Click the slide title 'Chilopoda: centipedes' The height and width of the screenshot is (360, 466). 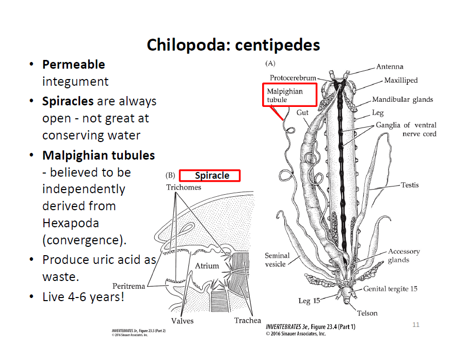point(233,45)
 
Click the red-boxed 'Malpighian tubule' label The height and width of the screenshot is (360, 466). point(290,95)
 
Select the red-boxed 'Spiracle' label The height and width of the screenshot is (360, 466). point(210,176)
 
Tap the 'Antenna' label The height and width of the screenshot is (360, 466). point(390,66)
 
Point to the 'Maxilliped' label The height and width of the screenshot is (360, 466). point(400,81)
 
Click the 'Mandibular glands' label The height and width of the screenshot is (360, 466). point(403,99)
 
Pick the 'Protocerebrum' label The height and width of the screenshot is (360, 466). point(293,78)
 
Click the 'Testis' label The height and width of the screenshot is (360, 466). point(410,185)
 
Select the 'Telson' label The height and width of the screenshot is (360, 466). point(367,313)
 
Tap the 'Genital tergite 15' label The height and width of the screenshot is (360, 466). point(390,289)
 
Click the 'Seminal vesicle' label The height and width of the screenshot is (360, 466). point(277,260)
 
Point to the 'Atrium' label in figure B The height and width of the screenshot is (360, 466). point(207,265)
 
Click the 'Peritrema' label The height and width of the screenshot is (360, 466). point(128,286)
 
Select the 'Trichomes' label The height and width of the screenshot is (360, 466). point(183,187)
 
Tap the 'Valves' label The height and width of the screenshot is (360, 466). point(182,321)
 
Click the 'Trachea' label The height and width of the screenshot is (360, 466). point(247,320)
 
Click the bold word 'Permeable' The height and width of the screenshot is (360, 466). point(73,65)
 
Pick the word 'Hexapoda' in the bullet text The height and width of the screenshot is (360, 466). point(70,224)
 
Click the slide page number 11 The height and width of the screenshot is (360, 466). point(416,324)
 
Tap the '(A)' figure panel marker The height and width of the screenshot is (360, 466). point(270,63)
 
